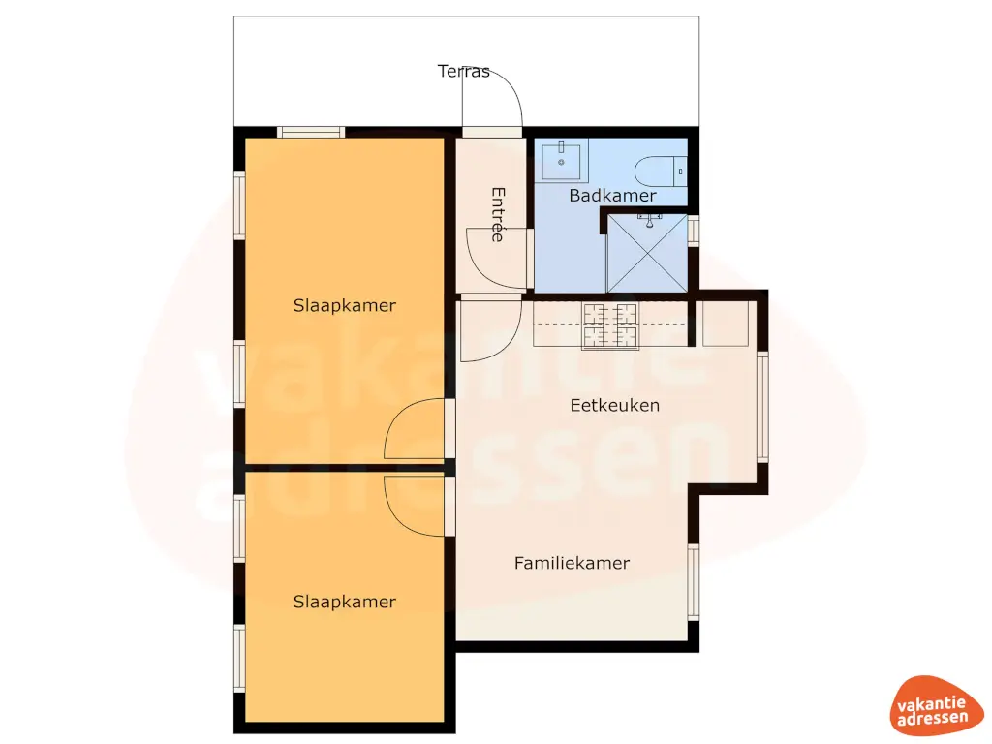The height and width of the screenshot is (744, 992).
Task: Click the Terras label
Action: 464,72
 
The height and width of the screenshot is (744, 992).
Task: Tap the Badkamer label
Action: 612,196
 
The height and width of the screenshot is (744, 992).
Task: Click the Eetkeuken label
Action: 614,405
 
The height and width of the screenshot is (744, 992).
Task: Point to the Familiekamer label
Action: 572,563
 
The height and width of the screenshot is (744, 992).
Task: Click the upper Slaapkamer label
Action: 344,305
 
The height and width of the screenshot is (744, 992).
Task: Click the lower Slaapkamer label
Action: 344,602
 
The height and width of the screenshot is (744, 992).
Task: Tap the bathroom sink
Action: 562,161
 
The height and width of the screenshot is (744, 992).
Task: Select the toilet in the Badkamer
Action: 659,171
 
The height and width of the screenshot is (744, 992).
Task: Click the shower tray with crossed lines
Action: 645,253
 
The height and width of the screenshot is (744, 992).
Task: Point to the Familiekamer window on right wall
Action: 694,581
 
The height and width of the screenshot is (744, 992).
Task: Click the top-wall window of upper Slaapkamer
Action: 310,132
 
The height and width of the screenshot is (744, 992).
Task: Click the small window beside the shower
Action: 694,232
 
